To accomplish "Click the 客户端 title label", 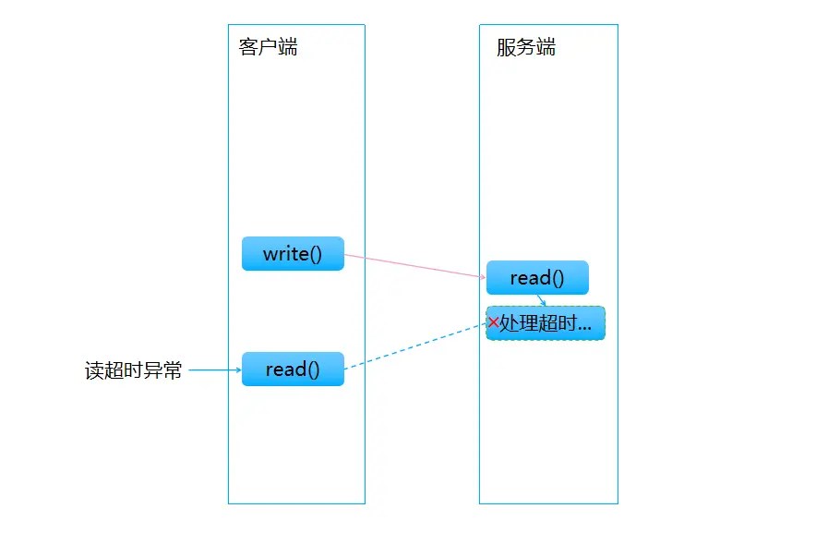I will click(x=268, y=48).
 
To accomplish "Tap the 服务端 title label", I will click(x=526, y=48).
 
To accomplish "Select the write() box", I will click(x=293, y=254).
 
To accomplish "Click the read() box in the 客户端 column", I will click(x=293, y=369).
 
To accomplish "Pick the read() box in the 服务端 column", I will click(x=537, y=278).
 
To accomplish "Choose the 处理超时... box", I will click(x=546, y=323).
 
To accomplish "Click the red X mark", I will click(x=493, y=322).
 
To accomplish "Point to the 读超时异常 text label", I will click(x=134, y=371).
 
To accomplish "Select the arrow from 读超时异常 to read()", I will click(x=214, y=370).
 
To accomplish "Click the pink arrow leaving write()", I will click(x=415, y=266).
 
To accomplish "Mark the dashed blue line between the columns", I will click(x=415, y=345).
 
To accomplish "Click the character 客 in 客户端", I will click(x=248, y=48).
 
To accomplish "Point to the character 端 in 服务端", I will click(x=546, y=48).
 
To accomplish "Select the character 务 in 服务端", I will click(x=526, y=48).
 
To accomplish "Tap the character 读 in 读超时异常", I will click(x=95, y=371).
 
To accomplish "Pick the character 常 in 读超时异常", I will click(x=173, y=371).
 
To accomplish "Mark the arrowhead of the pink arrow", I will click(x=482, y=276).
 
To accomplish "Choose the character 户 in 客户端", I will click(x=268, y=48).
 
